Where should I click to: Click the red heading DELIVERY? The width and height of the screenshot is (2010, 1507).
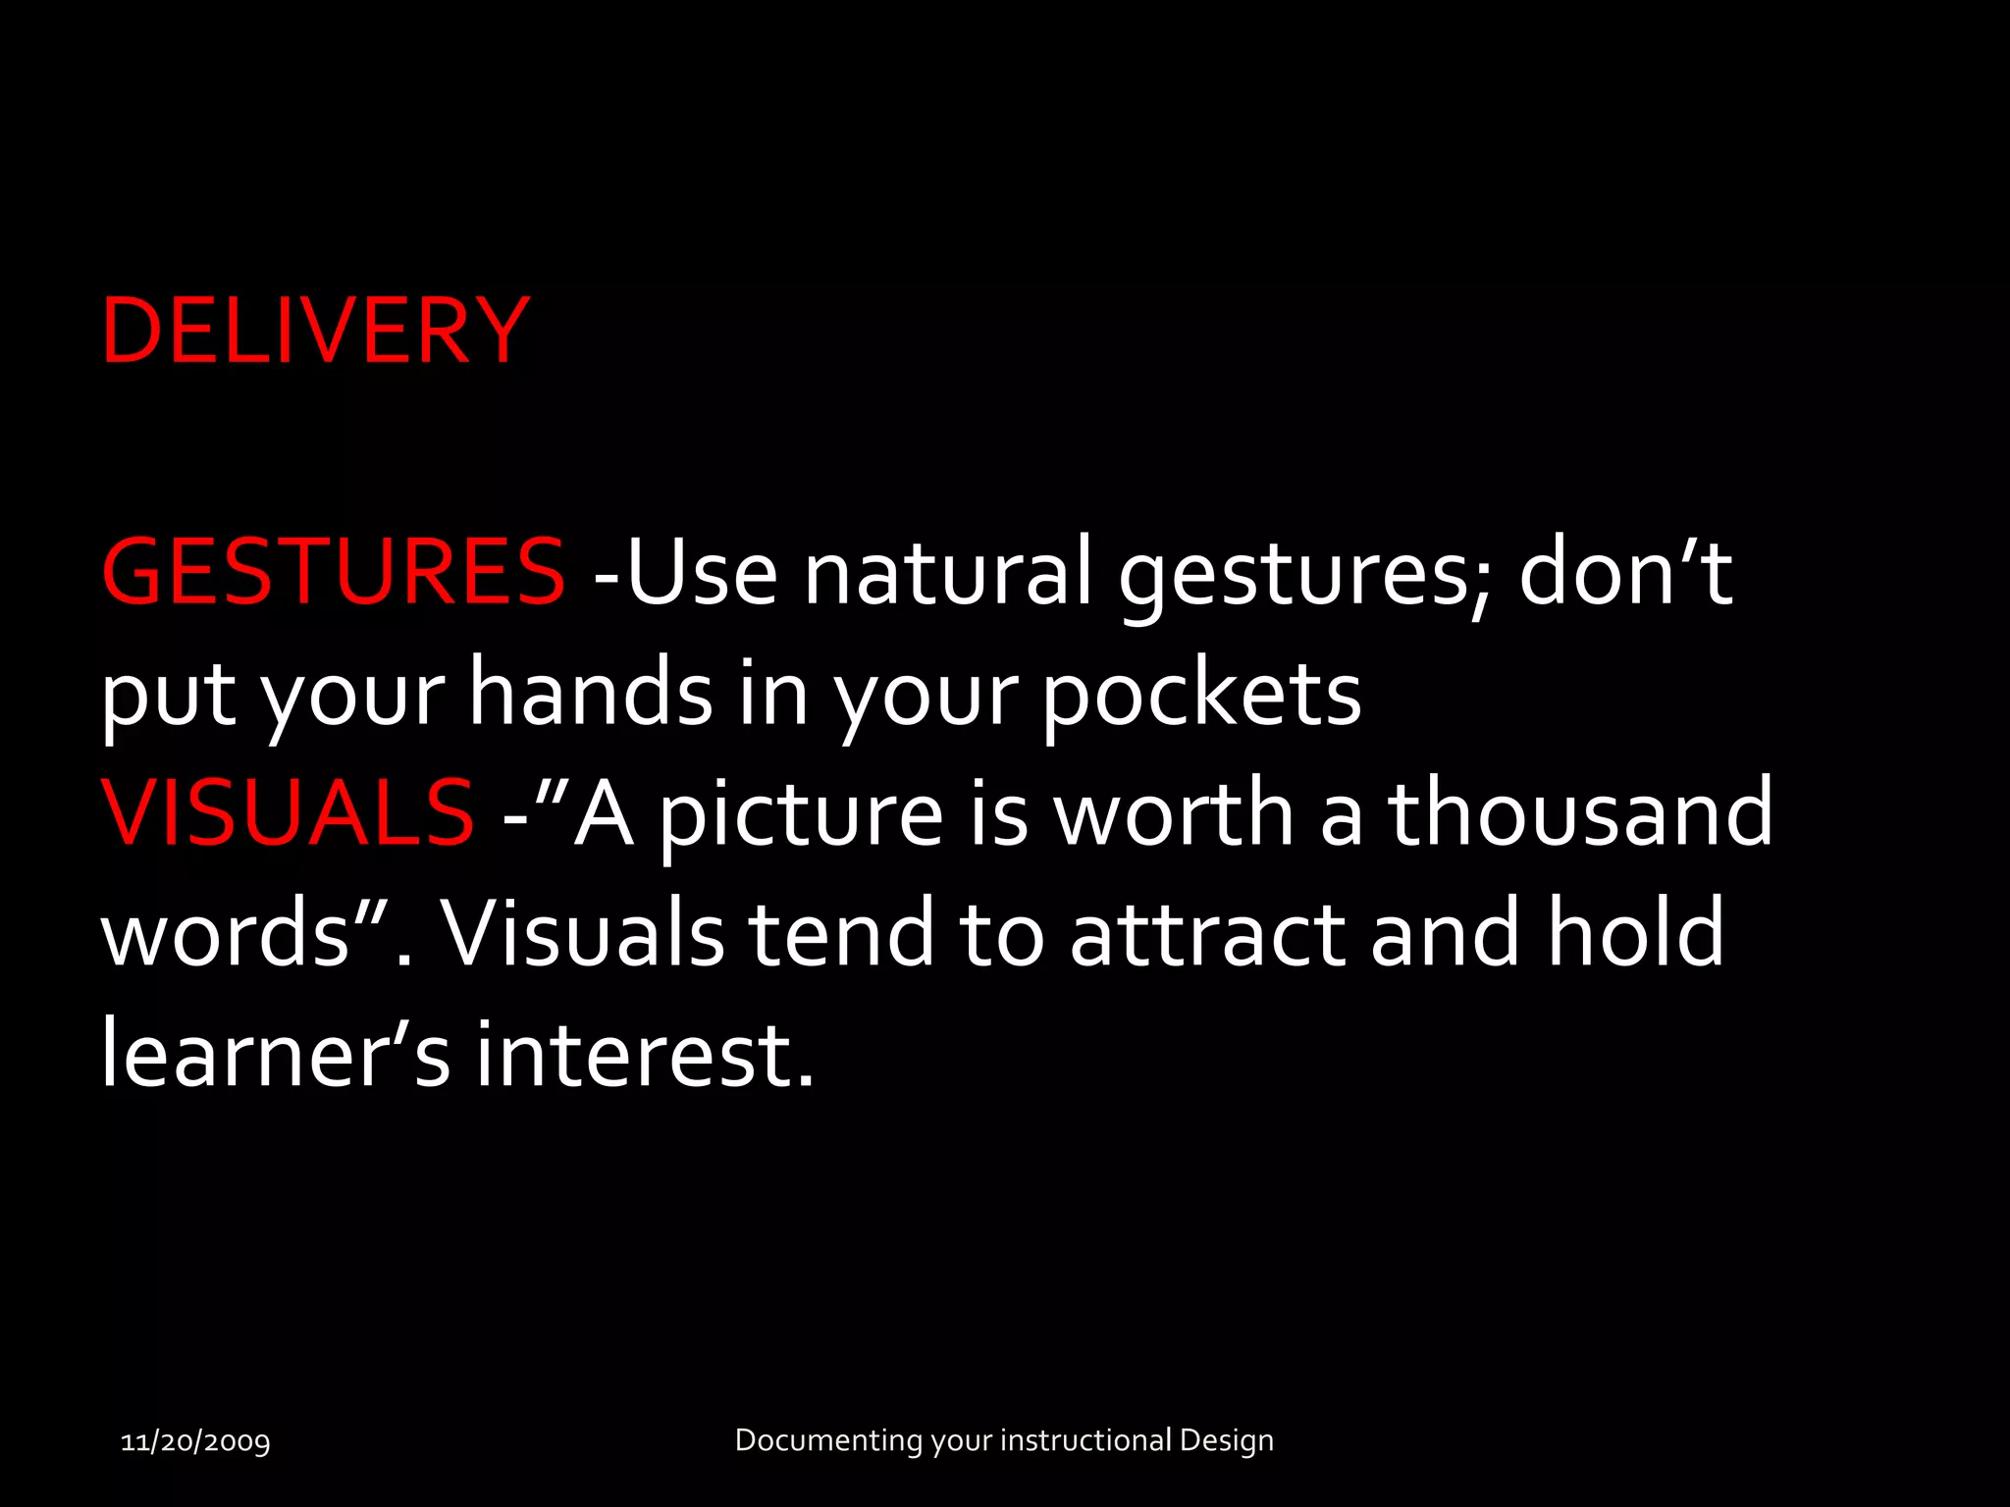click(x=315, y=331)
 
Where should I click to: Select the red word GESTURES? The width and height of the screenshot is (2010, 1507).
click(x=334, y=572)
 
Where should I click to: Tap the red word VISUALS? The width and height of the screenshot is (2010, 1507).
click(x=288, y=812)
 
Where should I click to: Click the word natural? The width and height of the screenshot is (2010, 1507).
click(x=947, y=572)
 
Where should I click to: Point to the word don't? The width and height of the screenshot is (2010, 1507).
click(x=1625, y=572)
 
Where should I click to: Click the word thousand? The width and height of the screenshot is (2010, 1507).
click(x=1580, y=812)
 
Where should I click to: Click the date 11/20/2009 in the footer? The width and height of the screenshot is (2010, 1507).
click(x=195, y=1441)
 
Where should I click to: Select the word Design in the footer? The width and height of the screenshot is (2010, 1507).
click(x=1226, y=1440)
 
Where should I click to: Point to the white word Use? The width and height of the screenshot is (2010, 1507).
click(x=702, y=572)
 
